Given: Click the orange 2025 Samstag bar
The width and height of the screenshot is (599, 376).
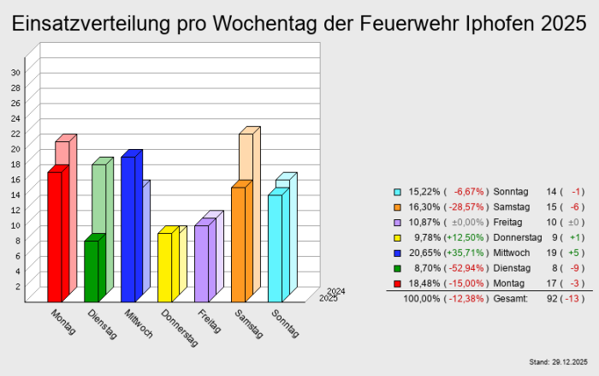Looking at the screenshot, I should click(x=238, y=245).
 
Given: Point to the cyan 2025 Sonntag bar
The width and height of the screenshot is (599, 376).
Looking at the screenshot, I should click(x=275, y=249).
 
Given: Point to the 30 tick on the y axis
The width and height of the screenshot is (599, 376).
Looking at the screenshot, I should click(x=15, y=72).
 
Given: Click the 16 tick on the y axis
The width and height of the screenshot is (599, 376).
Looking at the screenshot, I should click(x=15, y=179).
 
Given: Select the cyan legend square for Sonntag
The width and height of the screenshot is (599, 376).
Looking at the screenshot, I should click(x=397, y=192).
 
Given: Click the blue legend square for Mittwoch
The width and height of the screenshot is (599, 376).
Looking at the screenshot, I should click(x=397, y=253).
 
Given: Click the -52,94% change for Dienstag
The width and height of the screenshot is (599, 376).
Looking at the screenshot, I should click(x=466, y=268).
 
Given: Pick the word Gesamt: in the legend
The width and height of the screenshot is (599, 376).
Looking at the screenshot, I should click(x=512, y=298).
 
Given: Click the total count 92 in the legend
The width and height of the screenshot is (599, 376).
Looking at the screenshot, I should click(x=549, y=298).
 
